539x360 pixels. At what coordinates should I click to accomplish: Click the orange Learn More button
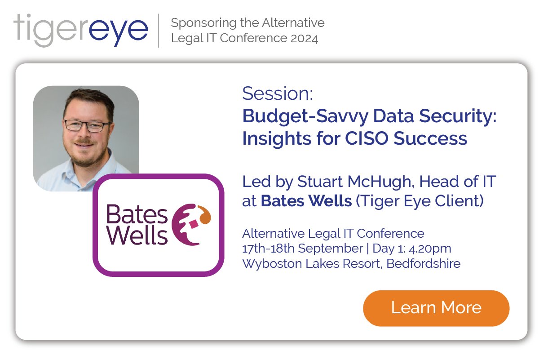pos(436,308)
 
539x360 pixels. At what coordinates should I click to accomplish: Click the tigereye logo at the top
pos(81,30)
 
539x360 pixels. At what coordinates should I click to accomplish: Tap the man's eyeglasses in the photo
pos(87,125)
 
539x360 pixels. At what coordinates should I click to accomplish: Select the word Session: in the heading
pos(277,94)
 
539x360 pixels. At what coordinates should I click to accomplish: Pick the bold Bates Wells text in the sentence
pos(306,201)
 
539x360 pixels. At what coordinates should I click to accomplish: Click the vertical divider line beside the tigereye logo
pos(159,31)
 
